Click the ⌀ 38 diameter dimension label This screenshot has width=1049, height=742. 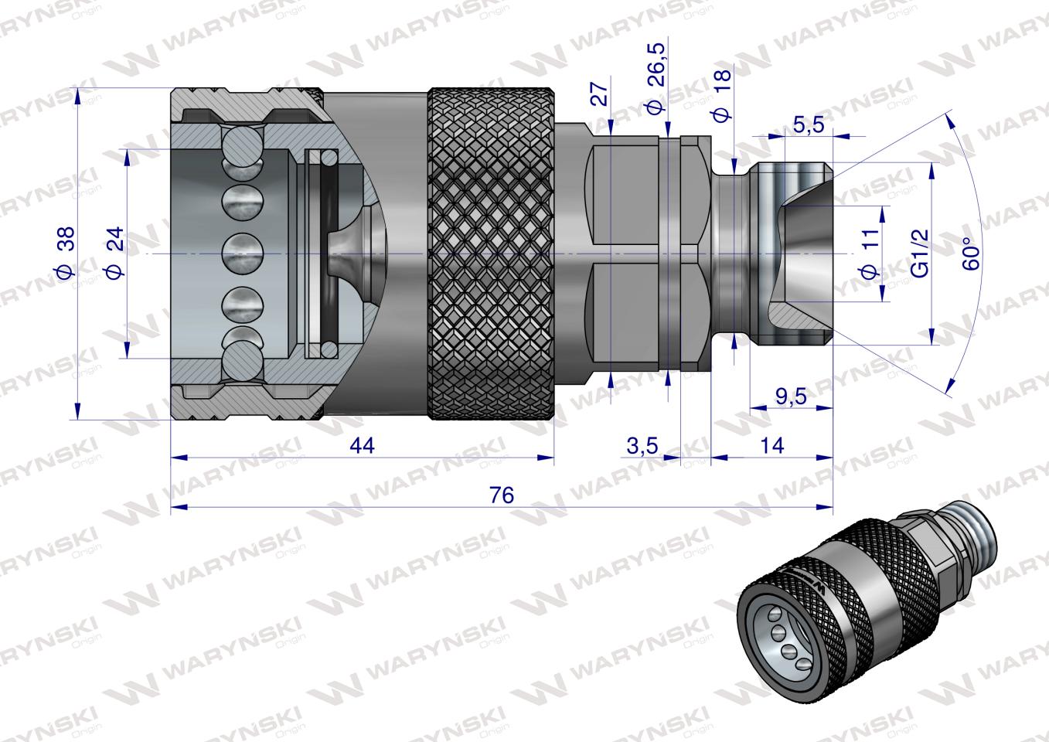[64, 252]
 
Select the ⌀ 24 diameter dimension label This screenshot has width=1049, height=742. [114, 252]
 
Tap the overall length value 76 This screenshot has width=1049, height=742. [501, 495]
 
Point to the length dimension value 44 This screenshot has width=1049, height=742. [362, 446]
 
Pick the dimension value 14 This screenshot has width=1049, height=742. [771, 446]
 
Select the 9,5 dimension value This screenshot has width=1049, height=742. [790, 397]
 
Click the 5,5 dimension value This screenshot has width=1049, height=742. [809, 124]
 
